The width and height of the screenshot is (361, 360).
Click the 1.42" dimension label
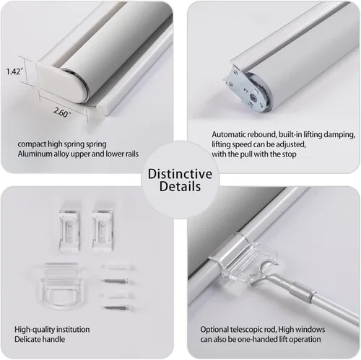click(x=14, y=71)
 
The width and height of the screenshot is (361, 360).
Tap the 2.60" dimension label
click(x=61, y=113)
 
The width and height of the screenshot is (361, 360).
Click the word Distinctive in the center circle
click(x=180, y=174)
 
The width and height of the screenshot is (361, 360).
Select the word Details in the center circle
click(x=180, y=186)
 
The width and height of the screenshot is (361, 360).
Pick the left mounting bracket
click(x=69, y=230)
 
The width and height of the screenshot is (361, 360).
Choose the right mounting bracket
click(x=103, y=230)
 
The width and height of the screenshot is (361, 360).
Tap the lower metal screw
click(x=116, y=307)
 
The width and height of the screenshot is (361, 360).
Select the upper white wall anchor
click(x=118, y=267)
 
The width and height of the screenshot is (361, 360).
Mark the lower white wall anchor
click(x=118, y=295)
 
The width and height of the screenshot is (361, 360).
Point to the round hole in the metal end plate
click(x=253, y=97)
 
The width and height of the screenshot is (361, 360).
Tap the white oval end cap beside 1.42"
click(x=62, y=81)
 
